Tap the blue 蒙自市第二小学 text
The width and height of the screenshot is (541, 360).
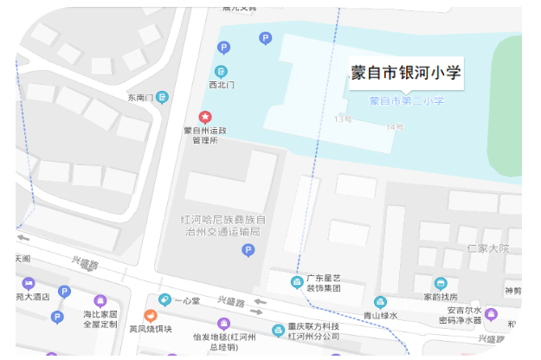(x=406, y=101)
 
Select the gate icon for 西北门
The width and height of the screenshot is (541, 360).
(x=222, y=71)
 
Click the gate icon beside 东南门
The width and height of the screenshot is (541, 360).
(x=161, y=97)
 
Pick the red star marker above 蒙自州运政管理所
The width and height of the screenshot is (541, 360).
(x=205, y=116)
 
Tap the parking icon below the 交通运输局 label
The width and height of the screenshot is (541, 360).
(x=248, y=250)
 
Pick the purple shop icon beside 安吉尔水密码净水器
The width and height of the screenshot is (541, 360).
(x=492, y=313)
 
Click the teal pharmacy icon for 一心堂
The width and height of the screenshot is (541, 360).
(x=164, y=300)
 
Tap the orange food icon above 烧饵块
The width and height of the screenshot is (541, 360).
(x=150, y=315)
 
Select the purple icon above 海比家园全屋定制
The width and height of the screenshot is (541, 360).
(x=99, y=300)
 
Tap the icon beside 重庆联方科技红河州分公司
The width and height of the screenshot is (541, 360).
(x=278, y=330)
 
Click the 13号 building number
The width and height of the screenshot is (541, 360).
(x=344, y=119)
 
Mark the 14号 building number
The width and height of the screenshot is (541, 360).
(x=395, y=127)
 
